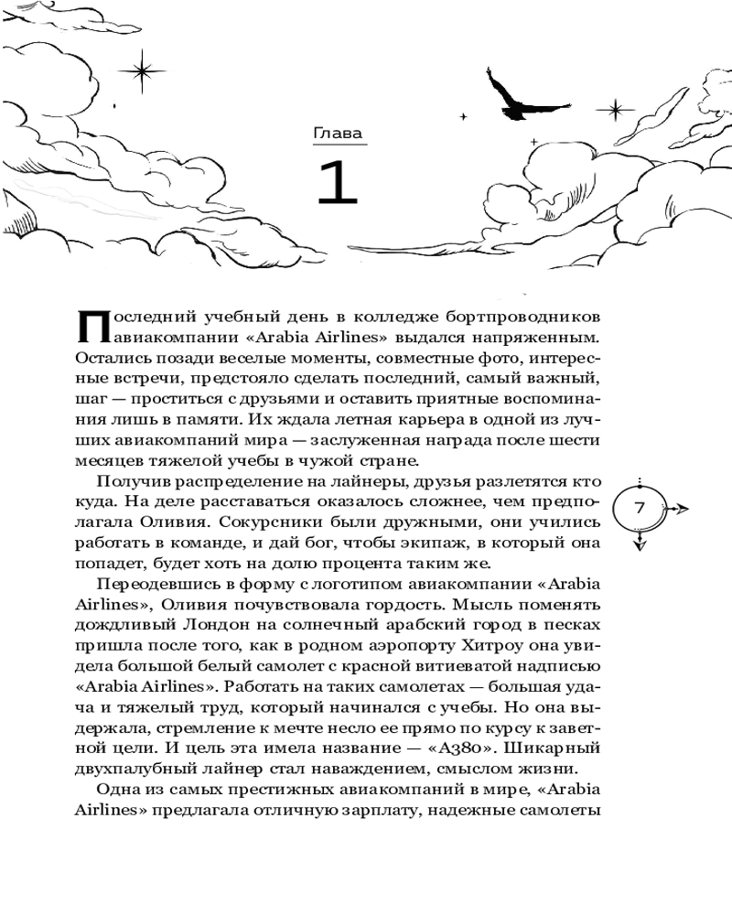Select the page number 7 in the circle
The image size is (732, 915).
coord(640,508)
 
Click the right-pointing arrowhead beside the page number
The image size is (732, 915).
coord(683,508)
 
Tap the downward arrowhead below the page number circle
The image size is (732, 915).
coord(640,545)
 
